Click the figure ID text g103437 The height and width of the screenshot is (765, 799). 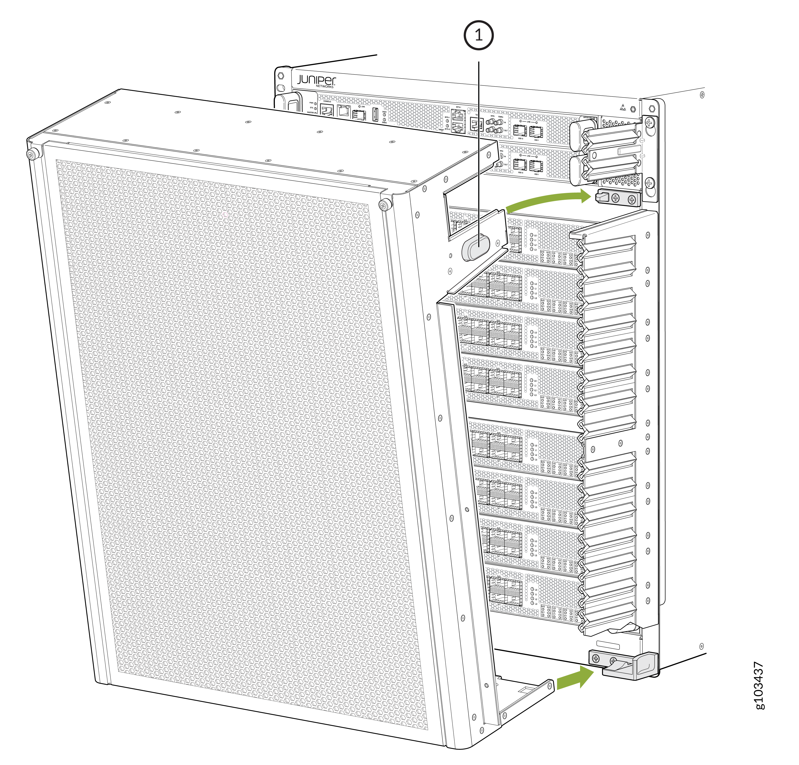point(759,685)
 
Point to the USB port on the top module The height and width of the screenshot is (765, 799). point(376,115)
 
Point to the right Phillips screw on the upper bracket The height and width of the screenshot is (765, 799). point(631,200)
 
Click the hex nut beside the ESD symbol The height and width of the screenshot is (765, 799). point(633,109)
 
